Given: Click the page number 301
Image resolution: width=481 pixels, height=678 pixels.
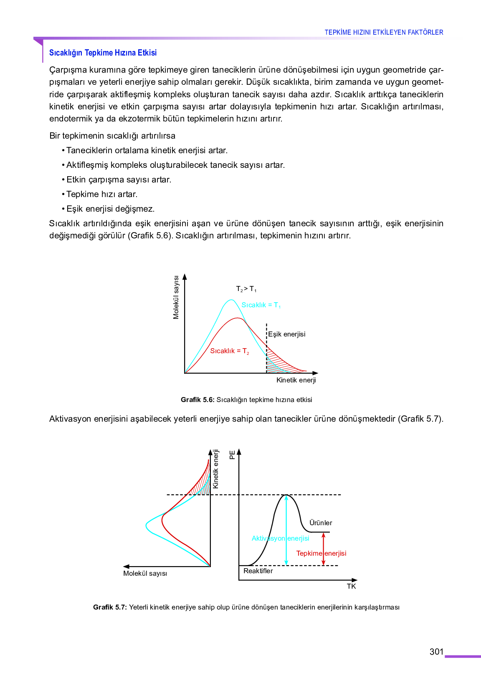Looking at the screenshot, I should point(436,652).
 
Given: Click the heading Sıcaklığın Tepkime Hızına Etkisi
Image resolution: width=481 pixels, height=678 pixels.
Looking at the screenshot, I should point(103,53).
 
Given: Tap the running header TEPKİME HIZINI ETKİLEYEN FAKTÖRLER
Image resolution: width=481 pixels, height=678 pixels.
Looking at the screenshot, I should point(384,32).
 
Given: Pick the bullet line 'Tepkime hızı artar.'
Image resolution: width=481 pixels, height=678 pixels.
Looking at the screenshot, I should point(101,194).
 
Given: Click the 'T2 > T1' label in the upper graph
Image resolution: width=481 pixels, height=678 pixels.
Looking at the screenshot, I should point(246,289).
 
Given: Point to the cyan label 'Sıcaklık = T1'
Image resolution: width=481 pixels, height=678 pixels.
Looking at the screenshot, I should point(261,305).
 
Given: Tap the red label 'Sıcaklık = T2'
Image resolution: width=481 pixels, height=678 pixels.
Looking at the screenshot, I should point(230,351).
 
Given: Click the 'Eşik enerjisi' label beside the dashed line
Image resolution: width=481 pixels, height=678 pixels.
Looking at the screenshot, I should point(287,334).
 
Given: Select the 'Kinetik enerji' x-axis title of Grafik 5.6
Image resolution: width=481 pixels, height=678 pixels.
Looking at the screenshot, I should point(296,380).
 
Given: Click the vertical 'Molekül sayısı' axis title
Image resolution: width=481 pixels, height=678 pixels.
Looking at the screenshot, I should point(176,297).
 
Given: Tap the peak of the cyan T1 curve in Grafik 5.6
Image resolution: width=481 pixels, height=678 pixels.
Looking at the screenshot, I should point(231,300).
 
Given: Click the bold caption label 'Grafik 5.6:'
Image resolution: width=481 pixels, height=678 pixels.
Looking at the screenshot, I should point(197,400).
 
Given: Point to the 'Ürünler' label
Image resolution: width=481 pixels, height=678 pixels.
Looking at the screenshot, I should point(321,523).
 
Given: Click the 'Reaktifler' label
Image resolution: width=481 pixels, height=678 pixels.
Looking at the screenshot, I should point(258,571).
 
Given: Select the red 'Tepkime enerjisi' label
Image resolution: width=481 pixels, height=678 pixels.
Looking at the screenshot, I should point(321,553).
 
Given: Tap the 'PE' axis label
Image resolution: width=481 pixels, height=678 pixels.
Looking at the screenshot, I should point(233,455).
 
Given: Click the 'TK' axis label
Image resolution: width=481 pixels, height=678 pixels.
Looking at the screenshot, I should point(351,586).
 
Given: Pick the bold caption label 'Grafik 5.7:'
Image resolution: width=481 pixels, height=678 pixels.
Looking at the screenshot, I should point(110,607).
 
